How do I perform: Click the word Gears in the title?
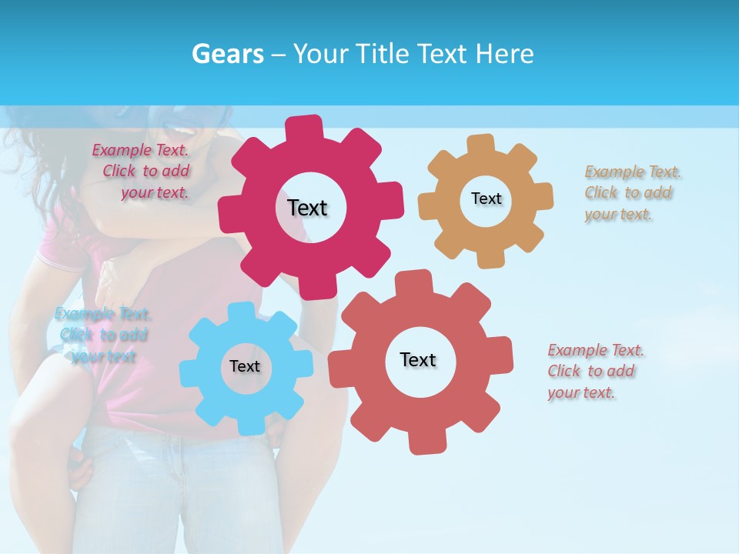228,54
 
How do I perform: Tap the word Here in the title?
504,54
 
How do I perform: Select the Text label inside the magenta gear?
308,208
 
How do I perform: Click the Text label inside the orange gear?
486,199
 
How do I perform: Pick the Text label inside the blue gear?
245,366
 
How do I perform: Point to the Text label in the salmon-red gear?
418,359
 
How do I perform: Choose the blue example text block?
103,335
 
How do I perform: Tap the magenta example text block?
142,172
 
